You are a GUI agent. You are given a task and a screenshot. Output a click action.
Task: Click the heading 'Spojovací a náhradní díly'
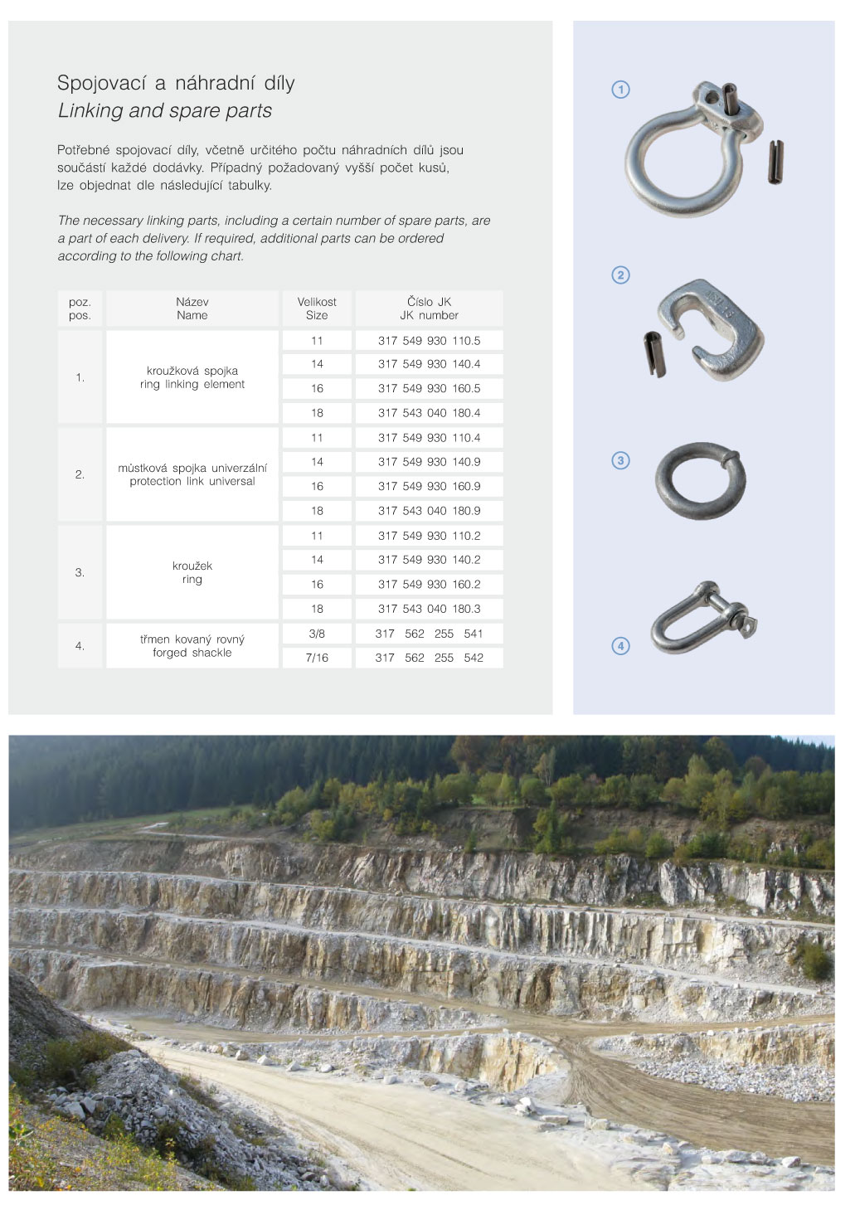coord(176,83)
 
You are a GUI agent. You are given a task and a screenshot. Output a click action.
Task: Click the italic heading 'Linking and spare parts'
coord(165,111)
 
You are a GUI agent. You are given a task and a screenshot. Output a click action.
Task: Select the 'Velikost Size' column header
coord(317,309)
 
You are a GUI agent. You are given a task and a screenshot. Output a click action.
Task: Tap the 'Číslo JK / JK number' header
coord(429,309)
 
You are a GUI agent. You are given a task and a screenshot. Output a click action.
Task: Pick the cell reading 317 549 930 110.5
coord(429,341)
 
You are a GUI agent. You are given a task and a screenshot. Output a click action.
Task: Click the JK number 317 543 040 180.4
coord(429,413)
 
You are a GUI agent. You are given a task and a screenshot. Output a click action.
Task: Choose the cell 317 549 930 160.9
coord(429,487)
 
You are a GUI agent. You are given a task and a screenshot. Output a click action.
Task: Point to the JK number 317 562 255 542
coord(429,658)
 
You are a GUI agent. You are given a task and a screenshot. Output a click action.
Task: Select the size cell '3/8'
coord(317,634)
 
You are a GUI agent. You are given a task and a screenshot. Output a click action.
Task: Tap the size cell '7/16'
coord(317,658)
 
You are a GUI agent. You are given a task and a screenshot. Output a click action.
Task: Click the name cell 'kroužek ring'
coord(192,572)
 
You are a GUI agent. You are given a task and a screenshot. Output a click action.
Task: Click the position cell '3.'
coord(80,572)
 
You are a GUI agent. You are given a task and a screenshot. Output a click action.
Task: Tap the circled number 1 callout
coord(620,90)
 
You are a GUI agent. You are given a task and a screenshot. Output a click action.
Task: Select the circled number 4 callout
coord(620,645)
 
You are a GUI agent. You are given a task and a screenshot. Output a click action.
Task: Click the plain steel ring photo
coord(701,481)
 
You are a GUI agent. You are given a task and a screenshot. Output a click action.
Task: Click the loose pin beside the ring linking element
coord(775,162)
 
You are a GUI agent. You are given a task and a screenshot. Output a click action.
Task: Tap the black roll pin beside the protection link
coord(654,354)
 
